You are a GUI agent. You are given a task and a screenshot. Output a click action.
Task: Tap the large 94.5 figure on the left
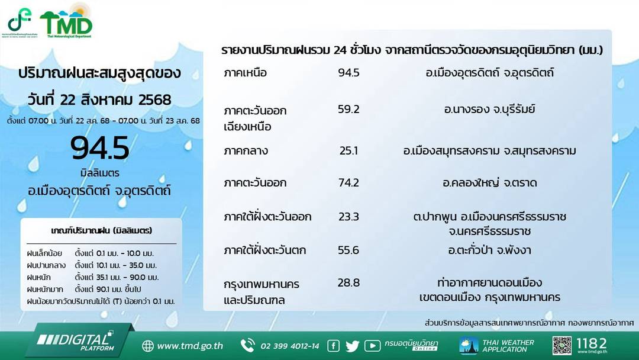99,149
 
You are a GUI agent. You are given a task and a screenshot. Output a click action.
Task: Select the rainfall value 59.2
348,110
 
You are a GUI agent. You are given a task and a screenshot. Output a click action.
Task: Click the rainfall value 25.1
348,151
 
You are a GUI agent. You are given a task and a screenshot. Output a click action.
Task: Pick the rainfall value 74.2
348,183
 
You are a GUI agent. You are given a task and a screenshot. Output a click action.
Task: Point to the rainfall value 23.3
348,217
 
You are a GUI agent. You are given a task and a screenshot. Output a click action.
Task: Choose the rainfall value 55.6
348,250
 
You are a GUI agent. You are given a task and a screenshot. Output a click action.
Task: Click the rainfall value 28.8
348,282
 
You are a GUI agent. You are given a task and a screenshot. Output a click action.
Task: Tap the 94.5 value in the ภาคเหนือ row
348,73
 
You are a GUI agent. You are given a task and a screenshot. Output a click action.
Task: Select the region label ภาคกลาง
246,151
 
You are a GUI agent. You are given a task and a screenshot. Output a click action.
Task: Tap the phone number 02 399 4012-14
289,346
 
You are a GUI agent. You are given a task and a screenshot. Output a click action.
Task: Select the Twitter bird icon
352,346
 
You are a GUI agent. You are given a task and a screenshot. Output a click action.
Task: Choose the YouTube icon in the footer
372,346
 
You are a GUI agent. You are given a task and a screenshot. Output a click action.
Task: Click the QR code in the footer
562,345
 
